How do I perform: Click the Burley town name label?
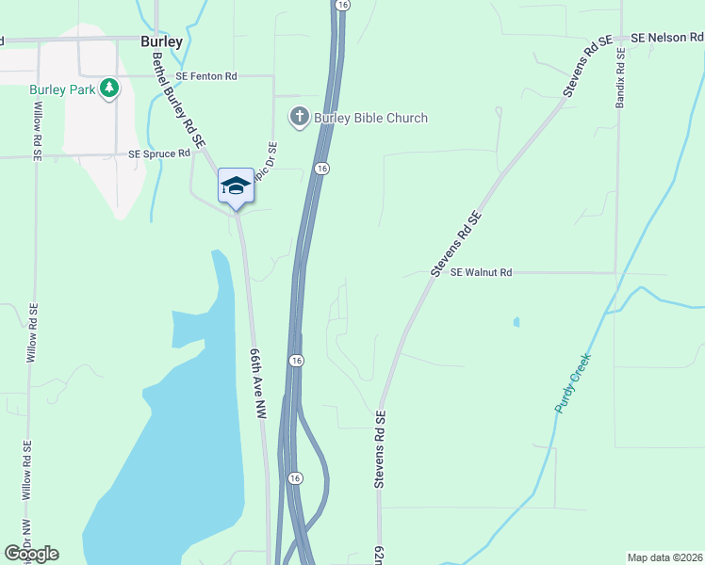coord(161,42)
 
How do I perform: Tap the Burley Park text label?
coord(63,89)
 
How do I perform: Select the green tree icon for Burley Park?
coord(110,88)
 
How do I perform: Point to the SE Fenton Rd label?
coord(205,75)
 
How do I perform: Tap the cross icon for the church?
coord(299,117)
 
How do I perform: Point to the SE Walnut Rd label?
coord(481,272)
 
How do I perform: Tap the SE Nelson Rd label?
coord(667,38)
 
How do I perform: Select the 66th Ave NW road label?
coord(260,382)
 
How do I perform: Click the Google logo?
coord(31,554)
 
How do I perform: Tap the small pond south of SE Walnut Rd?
coord(516,322)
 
